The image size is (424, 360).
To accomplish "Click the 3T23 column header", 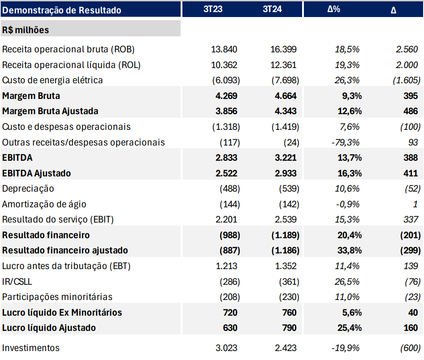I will pyautogui.click(x=213, y=9).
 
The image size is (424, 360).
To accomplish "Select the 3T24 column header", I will pyautogui.click(x=272, y=9).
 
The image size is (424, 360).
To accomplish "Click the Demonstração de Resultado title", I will pyautogui.click(x=61, y=10).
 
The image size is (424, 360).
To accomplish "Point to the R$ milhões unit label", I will pyautogui.click(x=26, y=30).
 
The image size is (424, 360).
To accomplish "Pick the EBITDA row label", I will pyautogui.click(x=17, y=158).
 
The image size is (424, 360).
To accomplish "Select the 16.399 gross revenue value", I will pyautogui.click(x=283, y=49).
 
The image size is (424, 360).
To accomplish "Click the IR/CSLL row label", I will pyautogui.click(x=17, y=282).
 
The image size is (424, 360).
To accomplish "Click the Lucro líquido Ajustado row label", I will pyautogui.click(x=49, y=328).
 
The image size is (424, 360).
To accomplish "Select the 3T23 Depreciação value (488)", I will pyautogui.click(x=229, y=189).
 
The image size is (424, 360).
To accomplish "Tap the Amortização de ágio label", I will pyautogui.click(x=44, y=204).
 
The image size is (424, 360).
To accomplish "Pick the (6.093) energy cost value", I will pyautogui.click(x=226, y=80).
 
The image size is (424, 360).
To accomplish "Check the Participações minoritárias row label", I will pyautogui.click(x=57, y=297).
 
